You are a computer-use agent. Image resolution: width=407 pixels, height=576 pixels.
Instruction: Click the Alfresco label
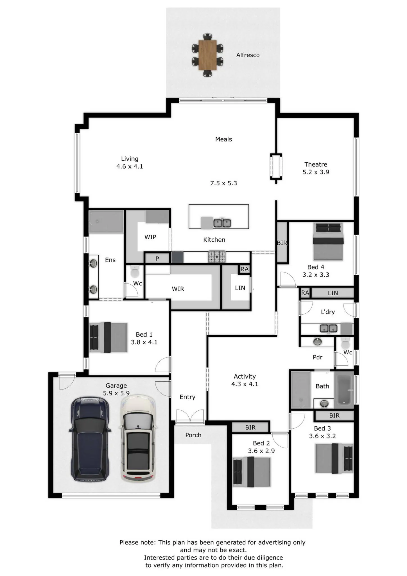[248, 55]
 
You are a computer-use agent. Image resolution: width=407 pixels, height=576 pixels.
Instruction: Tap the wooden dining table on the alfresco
[207, 55]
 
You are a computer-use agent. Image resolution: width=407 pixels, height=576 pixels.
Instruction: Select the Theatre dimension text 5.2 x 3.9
[316, 172]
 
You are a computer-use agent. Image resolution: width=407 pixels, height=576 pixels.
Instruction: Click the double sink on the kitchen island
[222, 223]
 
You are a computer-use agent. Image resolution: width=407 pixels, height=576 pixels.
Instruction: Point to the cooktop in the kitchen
[217, 256]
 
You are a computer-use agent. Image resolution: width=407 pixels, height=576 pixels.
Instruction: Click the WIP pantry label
[150, 237]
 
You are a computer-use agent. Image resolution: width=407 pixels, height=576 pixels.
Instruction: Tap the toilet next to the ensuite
[135, 271]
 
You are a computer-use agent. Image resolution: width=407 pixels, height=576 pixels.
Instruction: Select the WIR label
[178, 289]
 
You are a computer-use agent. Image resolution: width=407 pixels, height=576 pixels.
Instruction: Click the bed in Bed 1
[108, 337]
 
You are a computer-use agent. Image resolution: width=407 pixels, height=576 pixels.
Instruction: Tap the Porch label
[193, 435]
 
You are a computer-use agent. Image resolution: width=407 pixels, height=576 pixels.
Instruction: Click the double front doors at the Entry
[190, 417]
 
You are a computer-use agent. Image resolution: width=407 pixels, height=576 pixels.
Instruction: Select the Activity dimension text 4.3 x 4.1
[245, 384]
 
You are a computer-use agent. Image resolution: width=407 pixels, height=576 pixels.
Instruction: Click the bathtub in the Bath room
[345, 390]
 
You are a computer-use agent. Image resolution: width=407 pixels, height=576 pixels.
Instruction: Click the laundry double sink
[329, 328]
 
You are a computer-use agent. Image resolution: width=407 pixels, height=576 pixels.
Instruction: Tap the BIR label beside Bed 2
[250, 428]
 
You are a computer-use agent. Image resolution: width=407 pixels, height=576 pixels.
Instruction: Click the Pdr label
[318, 357]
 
